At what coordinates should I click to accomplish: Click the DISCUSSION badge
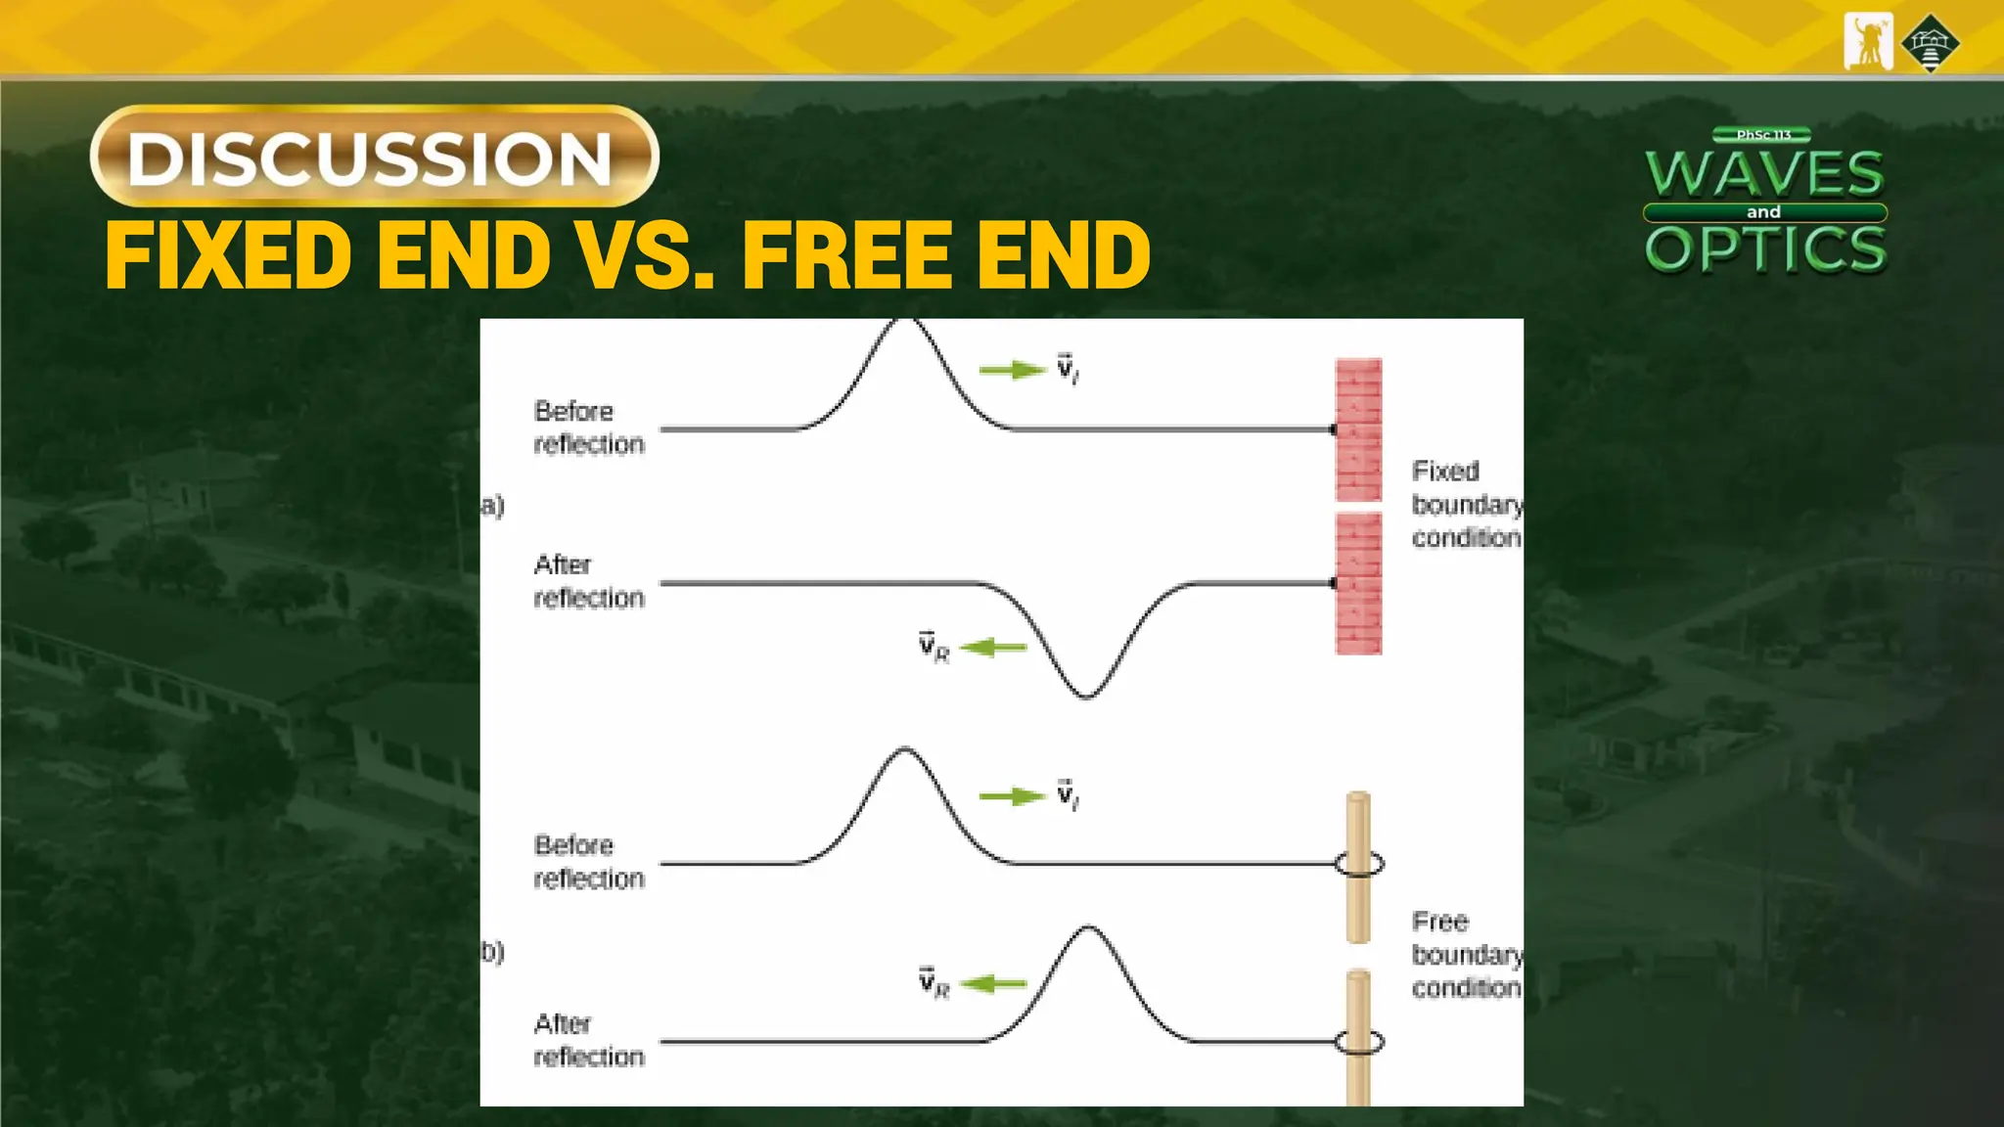(x=374, y=157)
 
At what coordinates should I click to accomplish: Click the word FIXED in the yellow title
(x=228, y=255)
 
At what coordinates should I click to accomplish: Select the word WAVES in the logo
(x=1764, y=174)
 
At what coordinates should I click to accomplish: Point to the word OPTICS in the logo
(x=1765, y=248)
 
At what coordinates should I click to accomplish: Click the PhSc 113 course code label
(x=1762, y=135)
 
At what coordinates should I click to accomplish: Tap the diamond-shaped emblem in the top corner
(x=1930, y=43)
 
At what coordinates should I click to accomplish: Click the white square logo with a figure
(x=1868, y=42)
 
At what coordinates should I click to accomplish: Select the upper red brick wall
(x=1358, y=429)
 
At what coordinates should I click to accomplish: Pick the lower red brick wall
(x=1358, y=584)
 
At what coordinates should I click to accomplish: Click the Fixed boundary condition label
(x=1466, y=505)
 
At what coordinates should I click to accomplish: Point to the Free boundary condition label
(x=1466, y=955)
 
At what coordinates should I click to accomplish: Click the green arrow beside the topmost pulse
(x=1012, y=370)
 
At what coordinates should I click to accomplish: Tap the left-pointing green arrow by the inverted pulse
(x=993, y=648)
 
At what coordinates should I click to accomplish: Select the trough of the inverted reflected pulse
(x=1085, y=696)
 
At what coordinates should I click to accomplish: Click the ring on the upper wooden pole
(x=1359, y=864)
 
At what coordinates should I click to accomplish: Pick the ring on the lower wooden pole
(x=1359, y=1042)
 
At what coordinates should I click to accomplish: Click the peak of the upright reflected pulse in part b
(x=1088, y=927)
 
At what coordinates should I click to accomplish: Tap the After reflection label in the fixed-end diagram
(x=588, y=581)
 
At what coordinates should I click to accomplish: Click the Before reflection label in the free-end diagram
(x=588, y=862)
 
